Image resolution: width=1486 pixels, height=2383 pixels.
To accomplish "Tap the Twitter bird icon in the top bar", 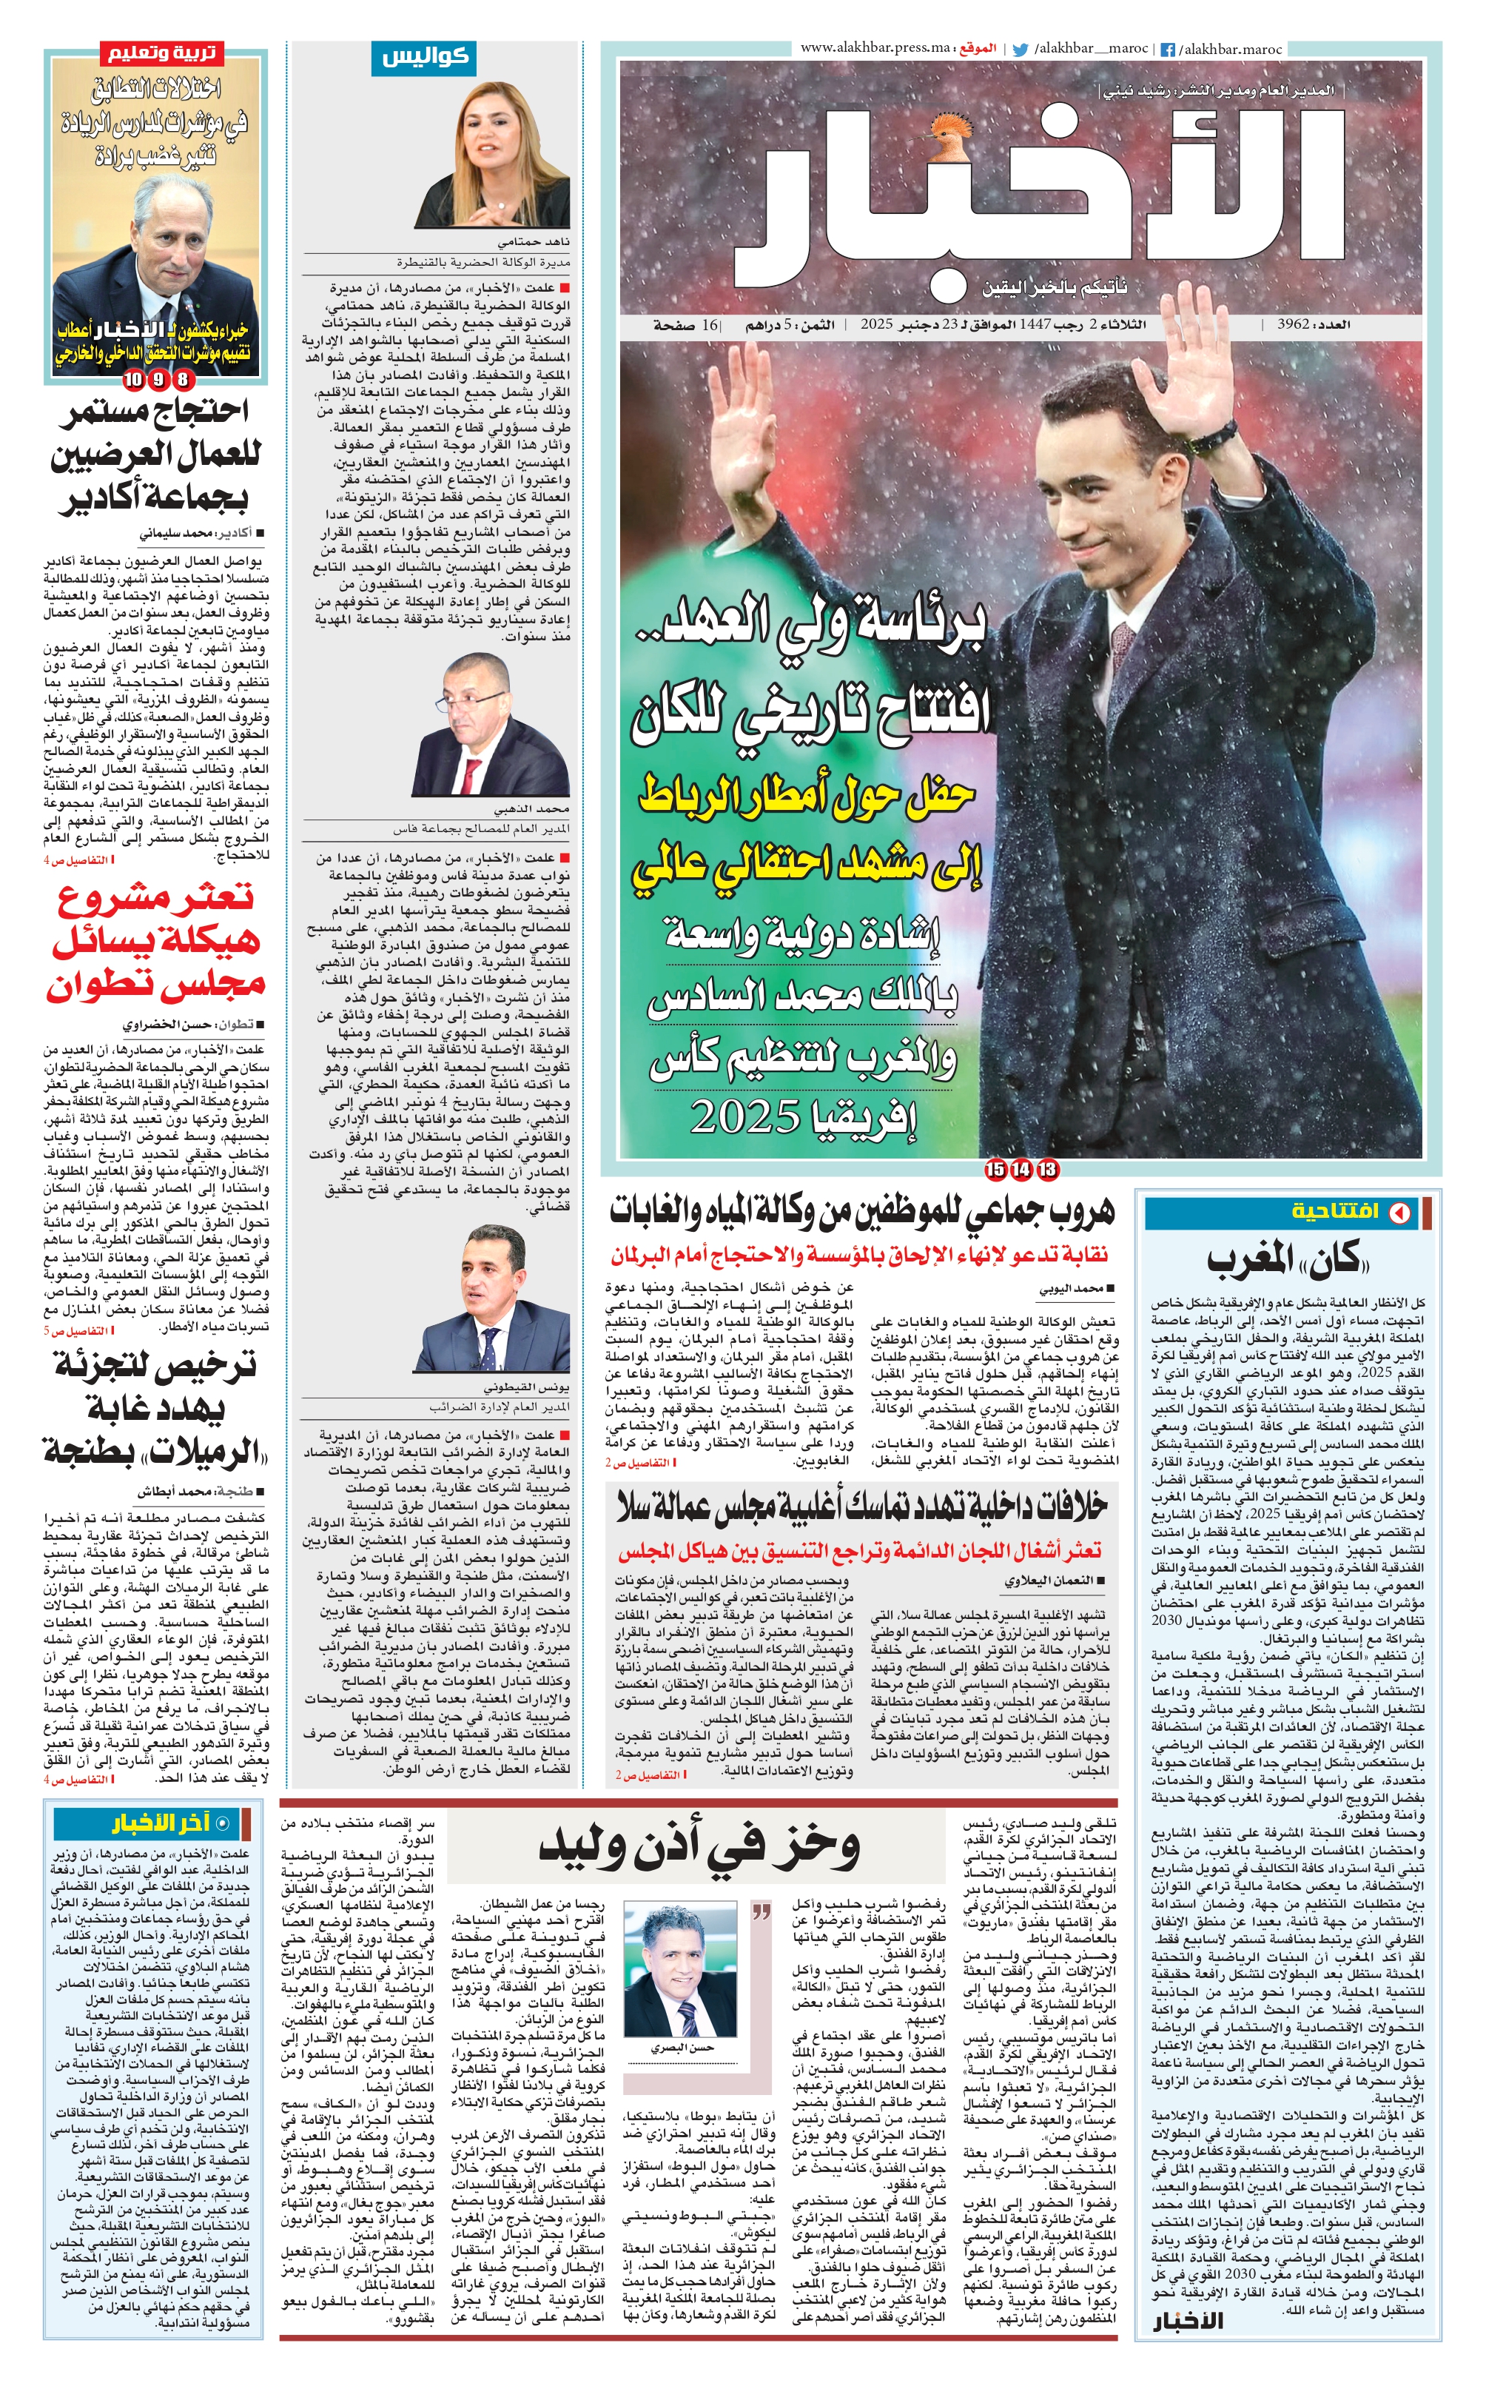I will [x=1021, y=49].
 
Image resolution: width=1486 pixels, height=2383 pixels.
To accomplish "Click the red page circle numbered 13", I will [x=1048, y=1170].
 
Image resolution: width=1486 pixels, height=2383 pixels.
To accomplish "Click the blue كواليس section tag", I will [x=425, y=58].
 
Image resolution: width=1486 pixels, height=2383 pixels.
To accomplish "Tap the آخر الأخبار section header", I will [x=161, y=1823].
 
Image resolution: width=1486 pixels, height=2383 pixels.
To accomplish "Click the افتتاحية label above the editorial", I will [x=1333, y=1212].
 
